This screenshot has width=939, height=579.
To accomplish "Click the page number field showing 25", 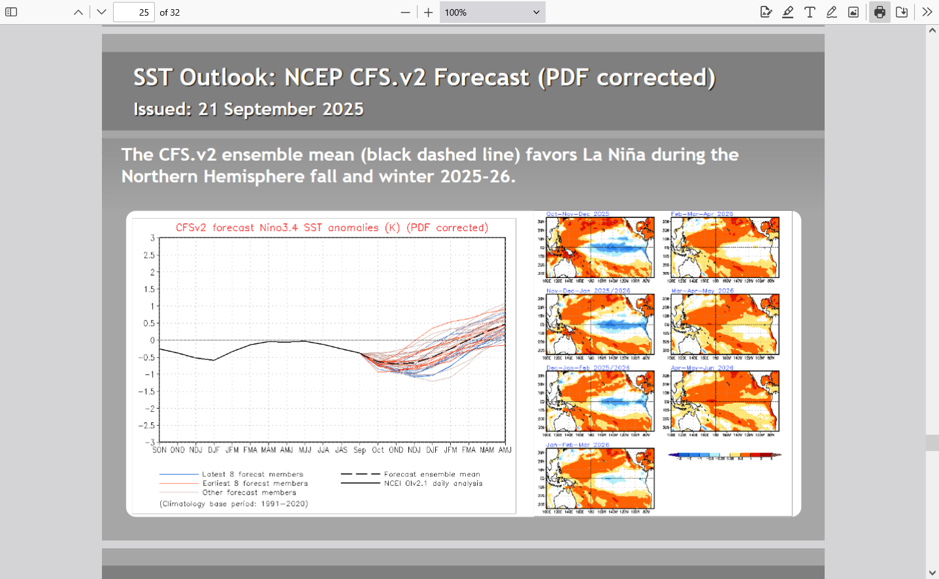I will (x=133, y=12).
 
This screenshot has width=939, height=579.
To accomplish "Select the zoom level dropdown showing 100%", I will (x=492, y=12).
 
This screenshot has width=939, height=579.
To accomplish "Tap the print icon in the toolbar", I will (x=880, y=12).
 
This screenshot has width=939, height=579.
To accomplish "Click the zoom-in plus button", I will (x=428, y=12).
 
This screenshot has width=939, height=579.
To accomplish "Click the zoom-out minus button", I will (x=405, y=12).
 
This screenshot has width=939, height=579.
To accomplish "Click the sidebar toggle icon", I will (x=11, y=12).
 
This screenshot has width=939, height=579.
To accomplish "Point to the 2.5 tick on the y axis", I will (x=150, y=255).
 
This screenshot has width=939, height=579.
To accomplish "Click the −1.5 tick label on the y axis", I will (x=146, y=392).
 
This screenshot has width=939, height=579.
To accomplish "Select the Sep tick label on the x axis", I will (x=359, y=450).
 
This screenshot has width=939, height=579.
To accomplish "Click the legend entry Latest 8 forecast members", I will (x=252, y=475).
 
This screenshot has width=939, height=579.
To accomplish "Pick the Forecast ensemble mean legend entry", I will (x=431, y=475).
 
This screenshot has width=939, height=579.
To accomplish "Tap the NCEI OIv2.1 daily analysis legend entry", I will (x=433, y=484).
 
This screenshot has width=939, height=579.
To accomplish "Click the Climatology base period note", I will (x=233, y=504).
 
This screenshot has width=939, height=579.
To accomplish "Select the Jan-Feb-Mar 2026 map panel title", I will (x=578, y=445).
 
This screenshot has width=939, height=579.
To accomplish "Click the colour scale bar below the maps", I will (x=724, y=455).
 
